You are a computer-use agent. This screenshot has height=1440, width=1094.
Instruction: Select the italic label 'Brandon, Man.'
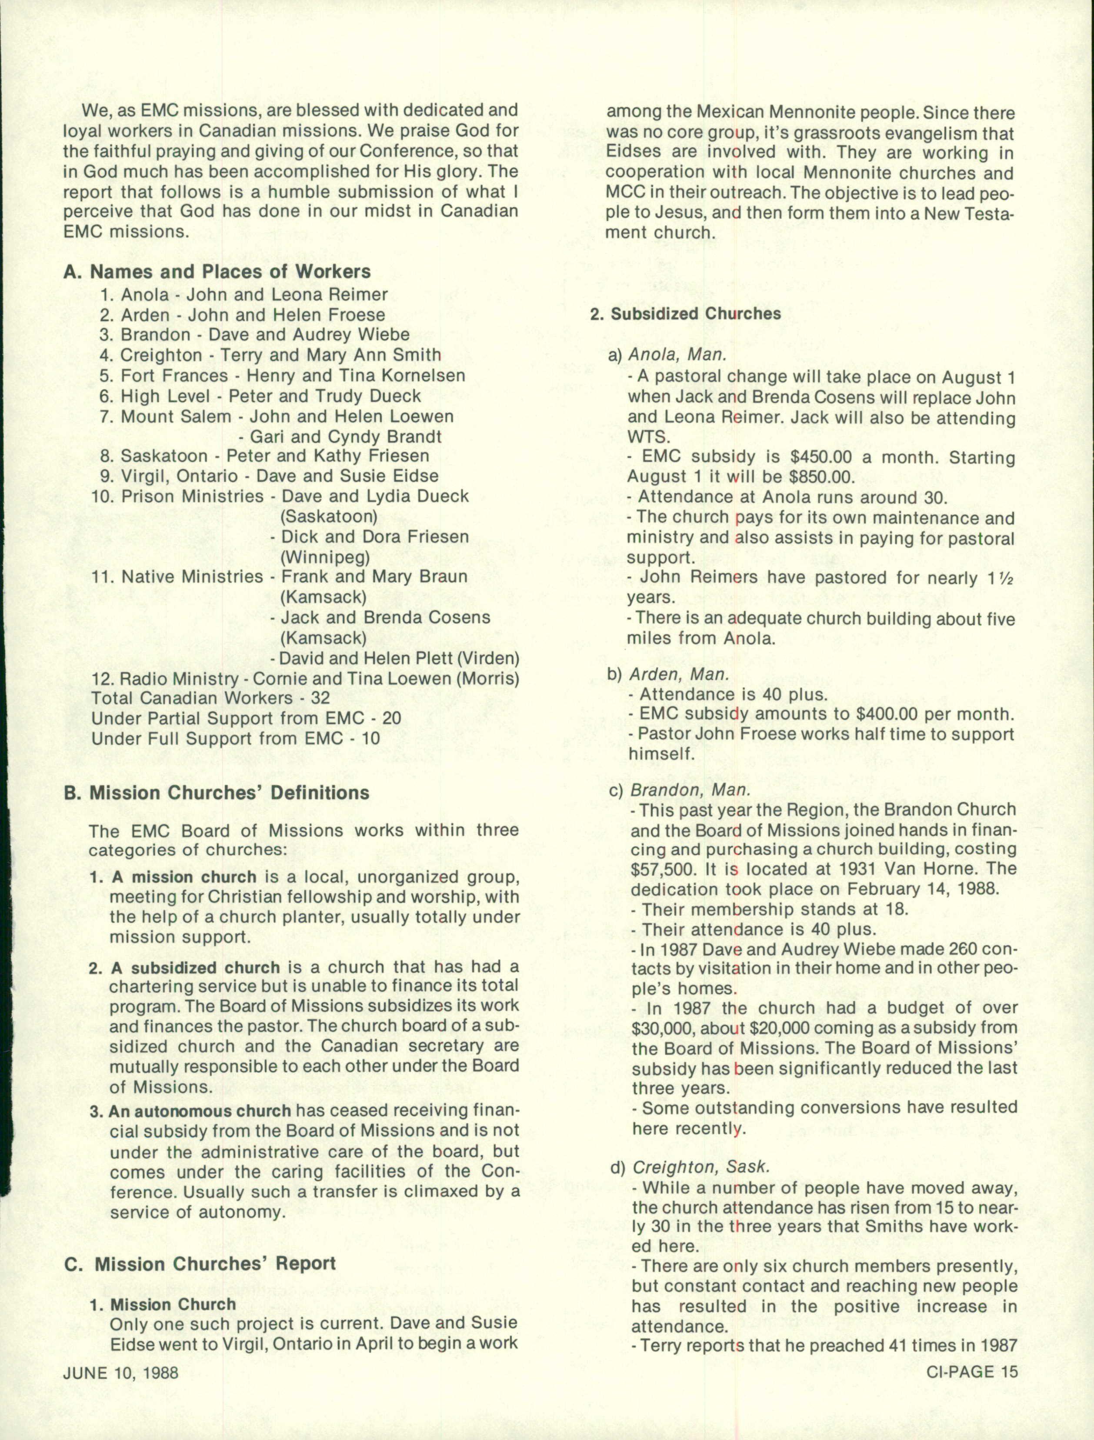690,790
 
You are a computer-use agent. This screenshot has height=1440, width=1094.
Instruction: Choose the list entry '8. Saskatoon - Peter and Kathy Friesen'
264,456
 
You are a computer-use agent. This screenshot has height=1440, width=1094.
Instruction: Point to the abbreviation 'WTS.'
648,437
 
